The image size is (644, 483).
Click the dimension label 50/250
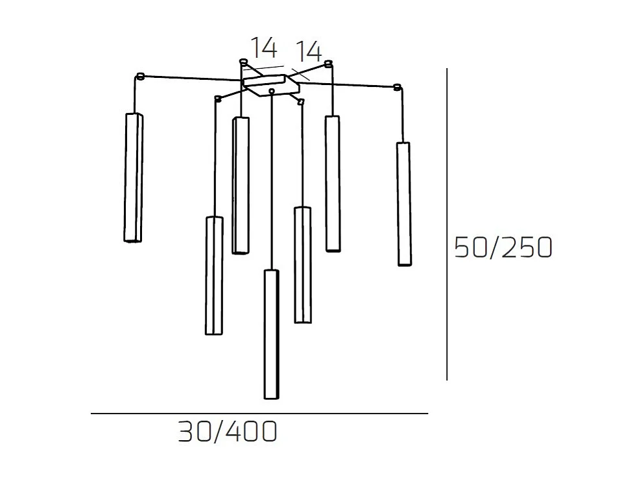point(503,247)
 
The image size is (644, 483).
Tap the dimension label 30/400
point(228,432)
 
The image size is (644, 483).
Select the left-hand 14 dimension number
point(264,47)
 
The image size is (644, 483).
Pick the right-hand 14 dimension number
point(309,51)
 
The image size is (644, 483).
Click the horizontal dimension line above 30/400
point(259,414)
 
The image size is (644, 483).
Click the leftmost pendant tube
point(133,177)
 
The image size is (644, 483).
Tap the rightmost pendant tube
point(403,204)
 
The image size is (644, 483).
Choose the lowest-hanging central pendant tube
point(272,333)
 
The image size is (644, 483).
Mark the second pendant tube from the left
point(214,275)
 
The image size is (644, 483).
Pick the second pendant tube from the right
point(333,183)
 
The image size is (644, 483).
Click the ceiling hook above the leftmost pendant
point(139,77)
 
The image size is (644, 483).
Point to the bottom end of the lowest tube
point(272,396)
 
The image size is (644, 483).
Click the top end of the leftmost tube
point(134,116)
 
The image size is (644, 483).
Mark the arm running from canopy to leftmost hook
point(191,79)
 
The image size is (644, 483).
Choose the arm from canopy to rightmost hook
point(344,84)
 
